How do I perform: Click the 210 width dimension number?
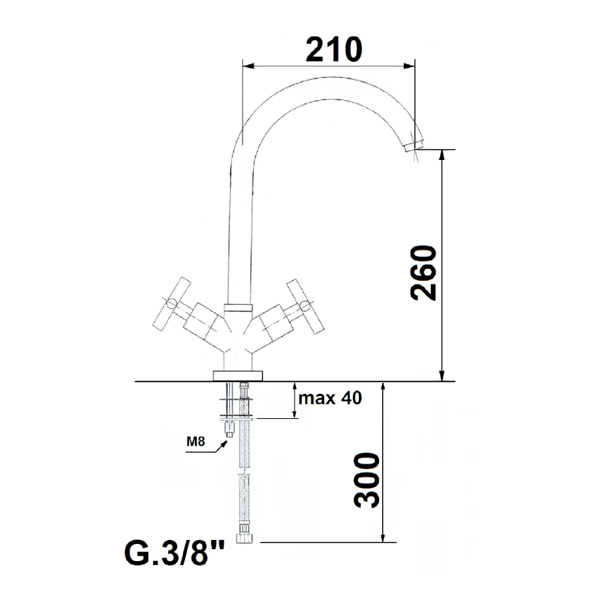point(334,49)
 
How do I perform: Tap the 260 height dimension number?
point(424,273)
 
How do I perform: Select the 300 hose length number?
point(366,480)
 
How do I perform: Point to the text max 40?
point(330,398)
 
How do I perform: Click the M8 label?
point(196,441)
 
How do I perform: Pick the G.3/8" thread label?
point(175,552)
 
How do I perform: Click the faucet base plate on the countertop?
point(237,376)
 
